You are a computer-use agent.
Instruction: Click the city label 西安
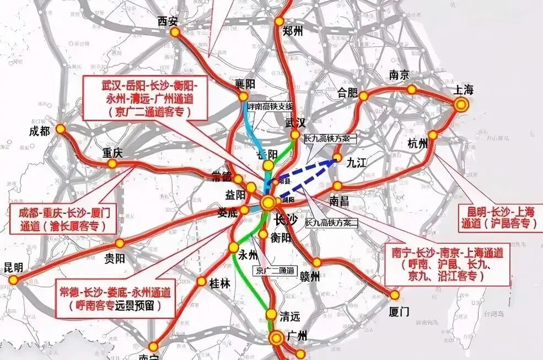[169, 22]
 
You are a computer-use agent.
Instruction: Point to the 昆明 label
[13, 268]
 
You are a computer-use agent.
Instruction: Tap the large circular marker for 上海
[462, 104]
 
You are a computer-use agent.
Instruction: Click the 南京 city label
[401, 75]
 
